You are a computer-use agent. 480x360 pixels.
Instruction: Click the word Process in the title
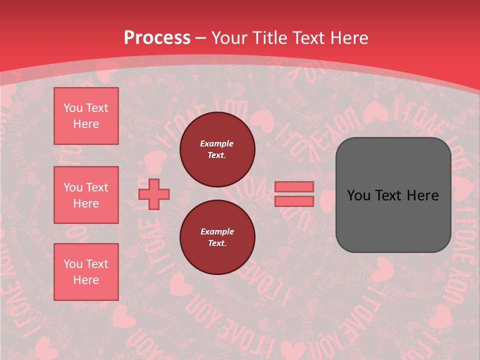point(157,37)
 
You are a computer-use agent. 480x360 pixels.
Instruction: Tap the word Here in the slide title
point(348,37)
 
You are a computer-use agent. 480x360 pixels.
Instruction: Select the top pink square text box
point(86,116)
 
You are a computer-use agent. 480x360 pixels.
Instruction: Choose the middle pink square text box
point(86,195)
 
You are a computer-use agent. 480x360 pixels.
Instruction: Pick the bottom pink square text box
point(86,272)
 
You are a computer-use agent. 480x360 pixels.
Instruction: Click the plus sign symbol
point(154,194)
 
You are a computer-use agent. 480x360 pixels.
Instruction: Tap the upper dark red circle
point(217,149)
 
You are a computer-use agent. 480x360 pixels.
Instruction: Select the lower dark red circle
point(217,237)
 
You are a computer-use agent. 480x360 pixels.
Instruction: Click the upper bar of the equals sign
point(294,186)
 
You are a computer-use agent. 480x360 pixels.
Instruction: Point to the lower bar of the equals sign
point(294,201)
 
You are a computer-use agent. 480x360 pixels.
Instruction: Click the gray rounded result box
point(393,195)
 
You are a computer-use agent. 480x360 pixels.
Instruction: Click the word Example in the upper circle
point(217,143)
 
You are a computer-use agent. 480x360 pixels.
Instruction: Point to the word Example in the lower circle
point(217,231)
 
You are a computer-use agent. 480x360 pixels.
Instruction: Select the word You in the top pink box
point(72,108)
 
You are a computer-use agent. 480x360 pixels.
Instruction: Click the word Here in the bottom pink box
point(86,280)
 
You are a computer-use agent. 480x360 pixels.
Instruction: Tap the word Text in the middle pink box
point(97,187)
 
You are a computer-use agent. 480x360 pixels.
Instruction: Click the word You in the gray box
point(358,195)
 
